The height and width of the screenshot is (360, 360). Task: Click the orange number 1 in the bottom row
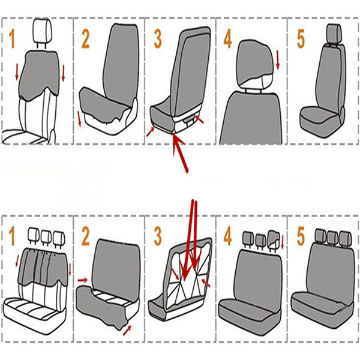tap(12, 236)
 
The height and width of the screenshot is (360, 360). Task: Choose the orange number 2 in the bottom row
tap(85, 236)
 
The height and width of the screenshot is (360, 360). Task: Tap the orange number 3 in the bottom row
tap(158, 236)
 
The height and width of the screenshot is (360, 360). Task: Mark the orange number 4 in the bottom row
tap(227, 236)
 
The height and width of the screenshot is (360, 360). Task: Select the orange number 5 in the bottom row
tap(301, 236)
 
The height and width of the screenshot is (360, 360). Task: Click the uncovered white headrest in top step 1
tap(42, 31)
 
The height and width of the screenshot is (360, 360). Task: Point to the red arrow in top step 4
tap(278, 60)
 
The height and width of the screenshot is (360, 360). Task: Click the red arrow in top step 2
tap(79, 119)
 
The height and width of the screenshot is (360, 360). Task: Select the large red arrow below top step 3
tap(180, 152)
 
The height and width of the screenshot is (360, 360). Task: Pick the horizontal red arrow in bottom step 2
tap(83, 280)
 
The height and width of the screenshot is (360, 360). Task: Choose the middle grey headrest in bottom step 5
tap(332, 238)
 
